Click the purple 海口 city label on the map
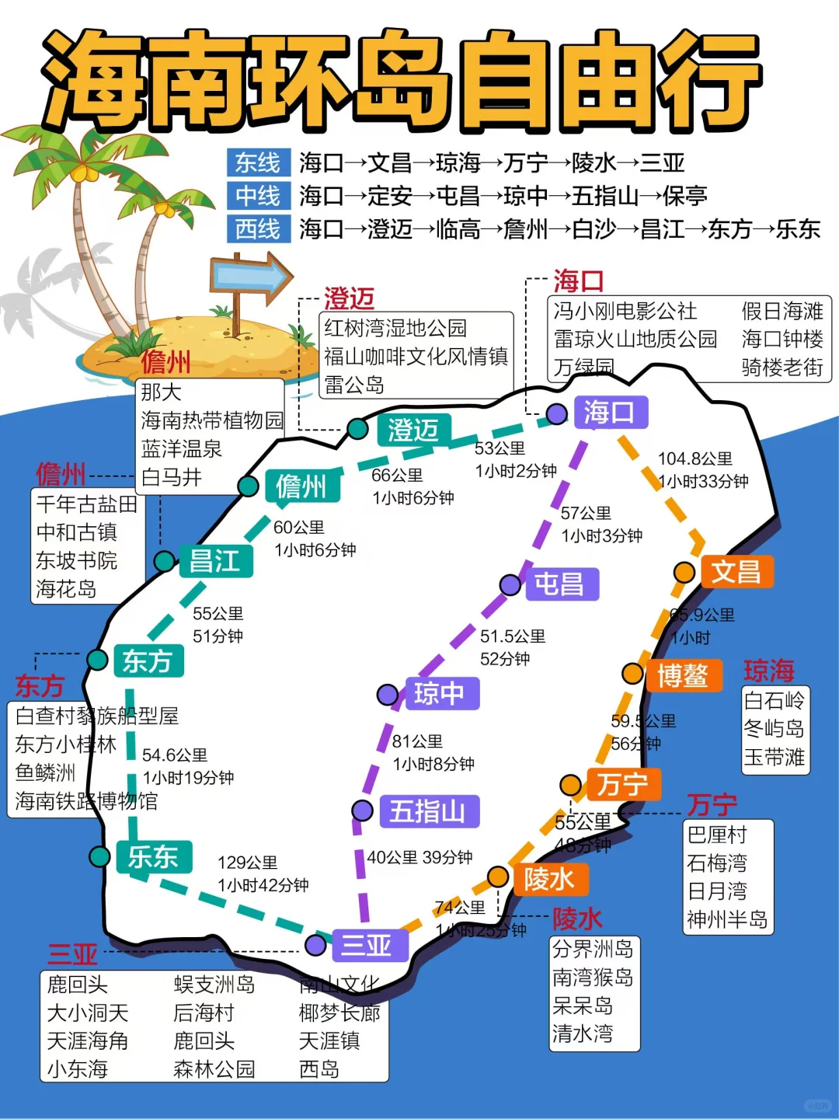pyautogui.click(x=609, y=412)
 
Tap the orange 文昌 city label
pyautogui.click(x=736, y=572)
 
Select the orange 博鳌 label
pyautogui.click(x=682, y=675)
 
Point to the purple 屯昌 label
pyautogui.click(x=559, y=584)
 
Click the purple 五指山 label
pyautogui.click(x=428, y=811)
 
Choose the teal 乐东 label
pyautogui.click(x=153, y=857)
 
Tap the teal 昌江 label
pyautogui.click(x=214, y=561)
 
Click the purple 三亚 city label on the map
pyautogui.click(x=366, y=945)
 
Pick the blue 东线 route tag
pyautogui.click(x=258, y=163)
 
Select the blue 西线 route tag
pyautogui.click(x=258, y=229)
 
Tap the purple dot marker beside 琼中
pyautogui.click(x=388, y=694)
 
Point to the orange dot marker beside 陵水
pyautogui.click(x=498, y=877)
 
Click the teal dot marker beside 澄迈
pyautogui.click(x=357, y=428)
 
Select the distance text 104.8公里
pyautogui.click(x=695, y=458)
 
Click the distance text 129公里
pyautogui.click(x=247, y=863)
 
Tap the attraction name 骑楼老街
pyautogui.click(x=782, y=367)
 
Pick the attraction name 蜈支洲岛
pyautogui.click(x=214, y=985)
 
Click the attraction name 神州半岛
pyautogui.click(x=727, y=920)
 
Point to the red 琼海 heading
pyautogui.click(x=769, y=671)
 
